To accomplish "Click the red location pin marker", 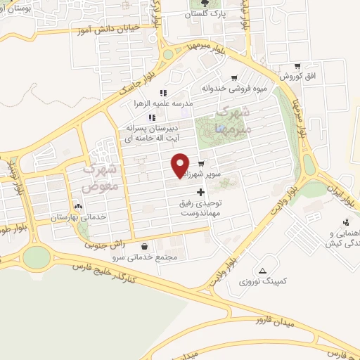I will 180,165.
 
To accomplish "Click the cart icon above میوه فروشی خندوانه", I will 234,78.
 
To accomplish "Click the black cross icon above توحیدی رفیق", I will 201,192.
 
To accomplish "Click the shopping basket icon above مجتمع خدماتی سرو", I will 145,247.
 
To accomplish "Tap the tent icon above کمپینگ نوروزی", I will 262,271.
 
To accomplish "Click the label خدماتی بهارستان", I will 78,217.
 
